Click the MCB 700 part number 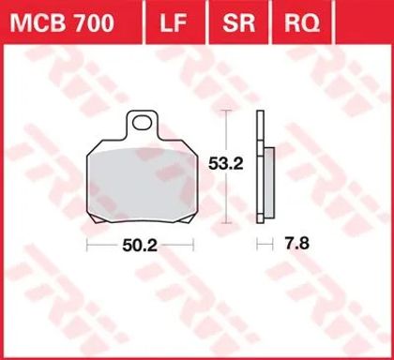tap(62, 23)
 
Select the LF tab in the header tap(174, 23)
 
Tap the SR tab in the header tap(239, 23)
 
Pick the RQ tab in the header tap(302, 23)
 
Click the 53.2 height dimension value tap(226, 163)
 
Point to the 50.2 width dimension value tap(140, 246)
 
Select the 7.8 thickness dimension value tap(296, 243)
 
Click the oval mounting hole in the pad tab tap(143, 123)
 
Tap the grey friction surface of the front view tap(144, 185)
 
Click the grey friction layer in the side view tap(269, 183)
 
